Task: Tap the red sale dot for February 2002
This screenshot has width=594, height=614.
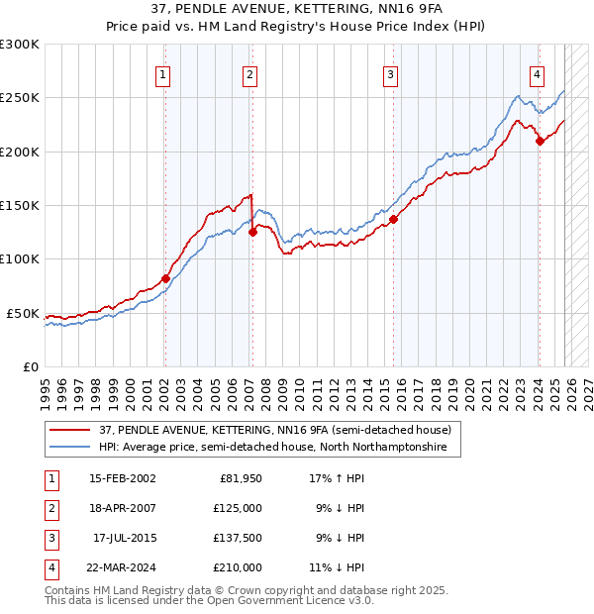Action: click(165, 278)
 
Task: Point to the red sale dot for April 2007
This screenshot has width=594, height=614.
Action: click(252, 232)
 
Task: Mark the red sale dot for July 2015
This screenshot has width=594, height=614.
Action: click(394, 219)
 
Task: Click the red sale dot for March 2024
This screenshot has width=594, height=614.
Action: click(540, 141)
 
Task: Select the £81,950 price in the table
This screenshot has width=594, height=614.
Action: click(240, 478)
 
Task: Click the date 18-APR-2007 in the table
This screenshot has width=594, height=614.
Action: click(123, 508)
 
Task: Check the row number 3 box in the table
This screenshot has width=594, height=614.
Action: click(50, 538)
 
